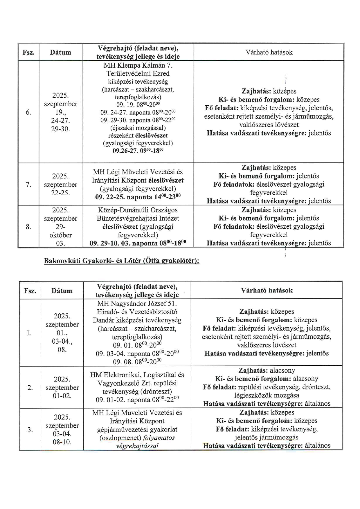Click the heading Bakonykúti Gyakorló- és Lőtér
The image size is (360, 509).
pos(121,261)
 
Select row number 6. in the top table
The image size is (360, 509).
pos(28,112)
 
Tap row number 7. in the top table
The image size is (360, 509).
pos(28,185)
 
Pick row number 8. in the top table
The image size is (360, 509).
pos(28,227)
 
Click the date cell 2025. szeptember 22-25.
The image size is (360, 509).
pos(60,185)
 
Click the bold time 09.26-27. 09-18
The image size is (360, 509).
pos(138,151)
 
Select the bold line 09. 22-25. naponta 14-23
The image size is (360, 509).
pos(138,197)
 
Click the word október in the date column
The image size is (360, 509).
pos(60,235)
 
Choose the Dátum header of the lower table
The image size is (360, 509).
pos(62,290)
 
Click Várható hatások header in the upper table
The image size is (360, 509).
pos(269,52)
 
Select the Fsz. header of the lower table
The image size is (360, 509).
pos(30,290)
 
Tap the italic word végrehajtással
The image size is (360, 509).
pos(137,446)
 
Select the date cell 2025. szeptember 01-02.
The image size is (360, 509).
pos(62,387)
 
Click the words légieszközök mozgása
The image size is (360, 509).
pos(267,395)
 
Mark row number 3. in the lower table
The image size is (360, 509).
pos(30,430)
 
